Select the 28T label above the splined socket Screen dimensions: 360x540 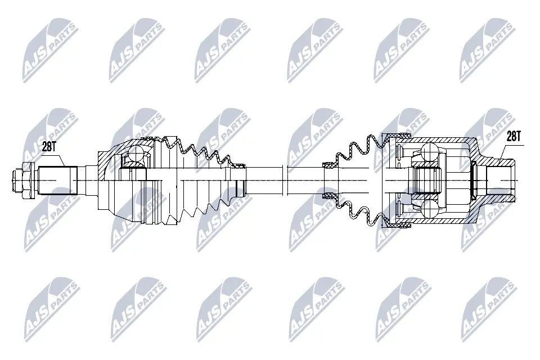(x=514, y=136)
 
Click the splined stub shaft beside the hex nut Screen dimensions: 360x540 (x=57, y=179)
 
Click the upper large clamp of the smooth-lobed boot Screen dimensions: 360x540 (x=397, y=137)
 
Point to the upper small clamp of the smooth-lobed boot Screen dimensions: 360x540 (x=328, y=165)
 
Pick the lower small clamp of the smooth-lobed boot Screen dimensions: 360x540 (x=328, y=196)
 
